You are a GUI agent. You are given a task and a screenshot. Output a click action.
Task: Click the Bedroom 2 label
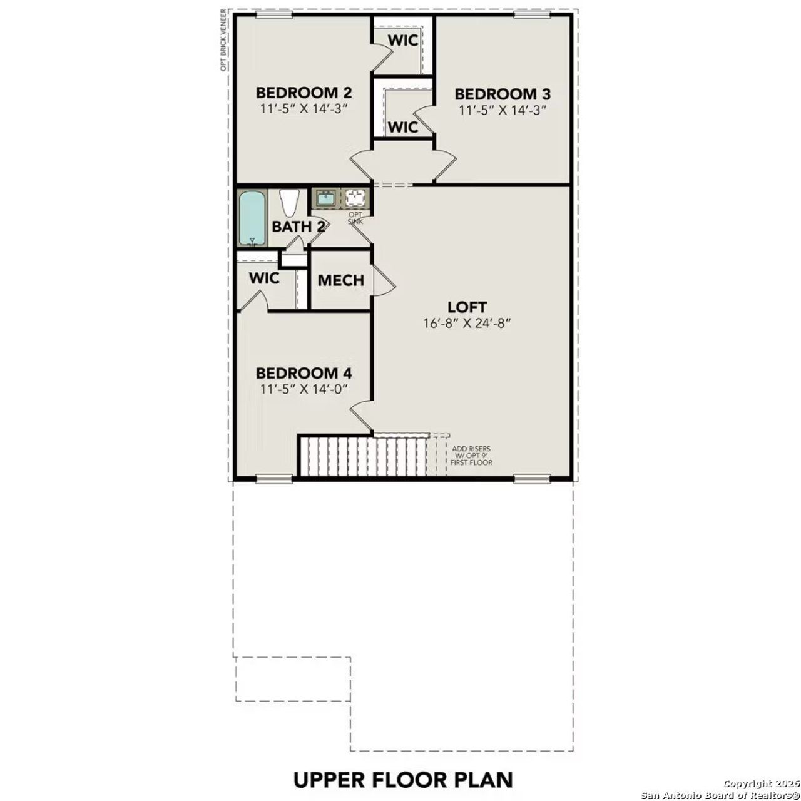point(304,93)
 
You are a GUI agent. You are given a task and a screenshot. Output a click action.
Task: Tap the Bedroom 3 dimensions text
point(503,110)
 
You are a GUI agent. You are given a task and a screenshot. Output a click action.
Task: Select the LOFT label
point(467,307)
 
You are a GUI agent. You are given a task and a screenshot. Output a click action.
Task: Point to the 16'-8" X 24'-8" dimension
point(467,324)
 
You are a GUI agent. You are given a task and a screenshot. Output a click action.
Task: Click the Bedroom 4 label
point(304,374)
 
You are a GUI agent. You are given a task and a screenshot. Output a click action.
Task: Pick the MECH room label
point(340,280)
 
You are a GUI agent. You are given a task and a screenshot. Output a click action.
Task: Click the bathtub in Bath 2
point(252,218)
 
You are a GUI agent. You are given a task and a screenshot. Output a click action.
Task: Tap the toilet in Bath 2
point(288,203)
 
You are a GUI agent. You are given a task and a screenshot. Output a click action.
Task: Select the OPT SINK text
point(355,218)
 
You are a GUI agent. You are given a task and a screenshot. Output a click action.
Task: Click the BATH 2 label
point(298,227)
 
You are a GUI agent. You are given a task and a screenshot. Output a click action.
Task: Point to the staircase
point(363,457)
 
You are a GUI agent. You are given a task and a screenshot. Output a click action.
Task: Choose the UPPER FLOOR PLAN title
point(403,780)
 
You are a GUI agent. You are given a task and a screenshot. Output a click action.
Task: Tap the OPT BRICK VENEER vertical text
point(223,41)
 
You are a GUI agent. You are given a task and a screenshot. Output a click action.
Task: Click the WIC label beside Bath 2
point(264,278)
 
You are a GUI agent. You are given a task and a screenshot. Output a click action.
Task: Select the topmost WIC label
point(402,41)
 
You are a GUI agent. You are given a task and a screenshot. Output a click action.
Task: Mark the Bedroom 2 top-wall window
point(275,14)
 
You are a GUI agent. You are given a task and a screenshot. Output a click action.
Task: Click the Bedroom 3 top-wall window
point(533,14)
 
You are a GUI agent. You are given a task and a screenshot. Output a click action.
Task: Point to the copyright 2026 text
point(761,783)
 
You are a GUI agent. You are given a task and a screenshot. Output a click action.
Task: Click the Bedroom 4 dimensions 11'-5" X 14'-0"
point(304,389)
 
